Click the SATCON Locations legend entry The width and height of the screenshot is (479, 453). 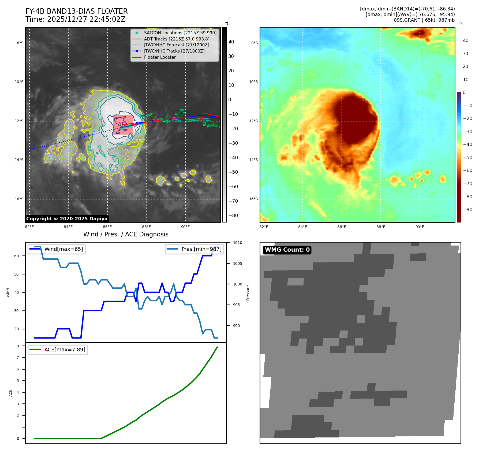[x=180, y=33]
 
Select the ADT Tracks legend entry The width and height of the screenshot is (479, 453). [x=177, y=39]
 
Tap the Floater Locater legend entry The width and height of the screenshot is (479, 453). [x=160, y=57]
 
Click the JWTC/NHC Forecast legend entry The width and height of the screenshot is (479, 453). [x=176, y=45]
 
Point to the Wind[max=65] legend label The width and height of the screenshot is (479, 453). [x=63, y=249]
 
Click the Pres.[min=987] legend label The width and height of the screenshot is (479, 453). [x=201, y=249]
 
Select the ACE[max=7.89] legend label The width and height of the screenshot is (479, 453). [x=65, y=350]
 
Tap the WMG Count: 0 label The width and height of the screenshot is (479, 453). [x=287, y=250]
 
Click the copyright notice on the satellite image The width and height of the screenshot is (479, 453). [x=67, y=219]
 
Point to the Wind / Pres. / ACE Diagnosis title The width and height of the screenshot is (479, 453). [x=126, y=234]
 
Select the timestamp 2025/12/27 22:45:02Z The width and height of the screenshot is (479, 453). [x=86, y=19]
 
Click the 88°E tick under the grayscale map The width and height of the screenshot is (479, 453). [x=146, y=227]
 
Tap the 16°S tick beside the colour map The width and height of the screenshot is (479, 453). [x=253, y=199]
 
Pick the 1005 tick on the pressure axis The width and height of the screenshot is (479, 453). [x=237, y=263]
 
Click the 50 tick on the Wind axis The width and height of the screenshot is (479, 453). [x=17, y=274]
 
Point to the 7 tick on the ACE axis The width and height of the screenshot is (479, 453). [x=18, y=358]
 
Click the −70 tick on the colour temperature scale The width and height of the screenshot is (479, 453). [x=468, y=184]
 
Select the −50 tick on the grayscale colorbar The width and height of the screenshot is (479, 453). [x=233, y=172]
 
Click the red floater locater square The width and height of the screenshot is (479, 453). [x=123, y=125]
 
